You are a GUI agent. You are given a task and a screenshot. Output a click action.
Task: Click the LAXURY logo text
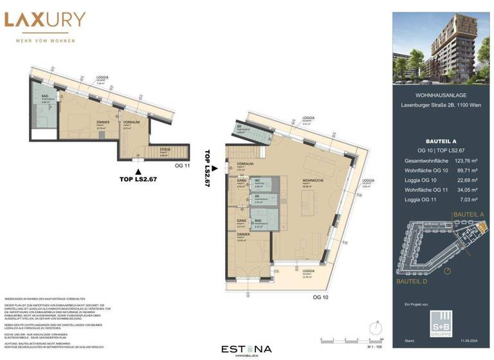(x=44, y=20)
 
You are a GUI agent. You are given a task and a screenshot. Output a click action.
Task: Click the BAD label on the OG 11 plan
(x=45, y=97)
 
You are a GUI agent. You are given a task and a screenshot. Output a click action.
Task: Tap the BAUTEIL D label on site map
(x=412, y=282)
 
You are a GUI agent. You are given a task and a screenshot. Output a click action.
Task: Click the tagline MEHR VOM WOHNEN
(x=44, y=40)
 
